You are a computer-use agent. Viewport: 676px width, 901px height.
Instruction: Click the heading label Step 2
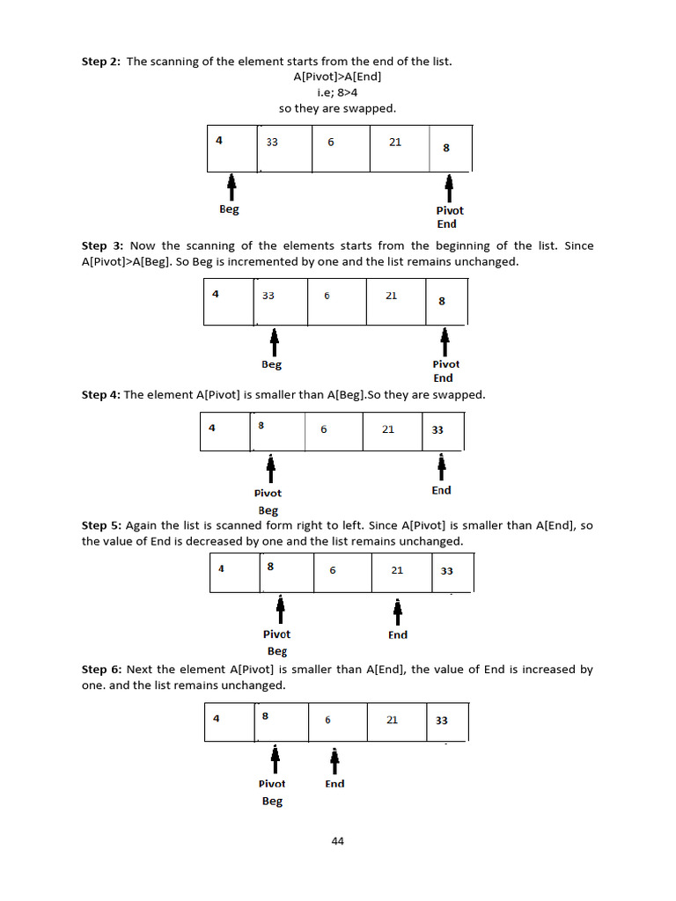tap(101, 62)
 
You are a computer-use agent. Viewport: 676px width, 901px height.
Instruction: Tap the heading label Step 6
tap(101, 670)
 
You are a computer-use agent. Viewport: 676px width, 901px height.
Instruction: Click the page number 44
tap(338, 841)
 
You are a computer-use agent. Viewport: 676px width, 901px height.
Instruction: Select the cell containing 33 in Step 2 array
tap(284, 148)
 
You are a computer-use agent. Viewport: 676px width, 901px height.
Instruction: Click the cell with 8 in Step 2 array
tap(450, 148)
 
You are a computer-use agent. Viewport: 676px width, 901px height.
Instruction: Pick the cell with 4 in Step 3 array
tap(228, 302)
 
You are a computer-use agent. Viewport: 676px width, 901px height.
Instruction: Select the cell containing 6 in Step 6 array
tap(336, 722)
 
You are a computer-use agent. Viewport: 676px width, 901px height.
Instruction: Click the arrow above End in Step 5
tap(398, 610)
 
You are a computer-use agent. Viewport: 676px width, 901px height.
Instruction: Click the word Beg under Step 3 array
tap(272, 364)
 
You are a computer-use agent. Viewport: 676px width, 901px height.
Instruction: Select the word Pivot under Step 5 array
tap(276, 634)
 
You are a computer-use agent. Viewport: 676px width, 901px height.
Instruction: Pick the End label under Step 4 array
tap(441, 491)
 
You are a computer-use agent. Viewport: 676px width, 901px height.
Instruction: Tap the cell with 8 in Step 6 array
tap(281, 722)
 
